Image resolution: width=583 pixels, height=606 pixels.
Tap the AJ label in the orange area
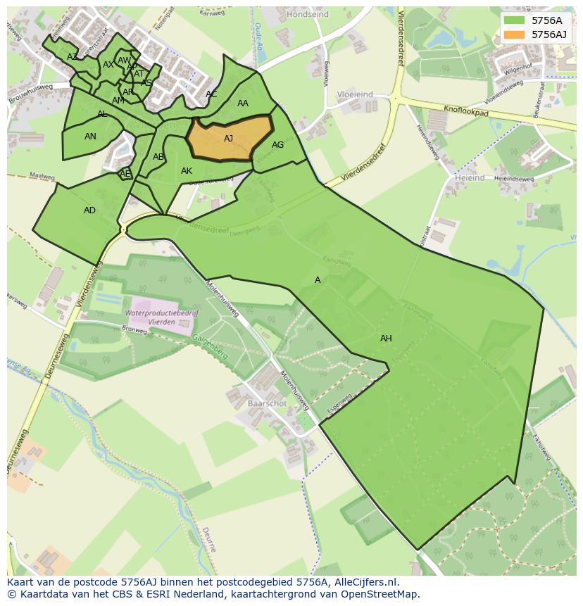click(x=228, y=139)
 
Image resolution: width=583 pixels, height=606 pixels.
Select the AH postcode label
click(x=386, y=339)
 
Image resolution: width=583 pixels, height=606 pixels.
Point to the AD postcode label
click(x=89, y=210)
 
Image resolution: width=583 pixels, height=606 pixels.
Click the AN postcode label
click(x=90, y=137)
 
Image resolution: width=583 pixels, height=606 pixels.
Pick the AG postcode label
click(x=277, y=145)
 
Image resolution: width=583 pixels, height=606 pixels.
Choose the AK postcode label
click(x=187, y=171)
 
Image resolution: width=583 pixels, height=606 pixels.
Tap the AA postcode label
click(x=243, y=103)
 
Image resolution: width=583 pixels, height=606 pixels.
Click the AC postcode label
click(x=211, y=94)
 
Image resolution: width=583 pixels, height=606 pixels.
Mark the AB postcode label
click(x=158, y=157)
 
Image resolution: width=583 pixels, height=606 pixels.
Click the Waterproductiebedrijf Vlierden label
click(x=162, y=317)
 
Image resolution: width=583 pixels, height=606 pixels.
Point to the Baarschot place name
click(x=267, y=404)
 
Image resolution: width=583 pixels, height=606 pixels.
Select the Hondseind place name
click(x=308, y=13)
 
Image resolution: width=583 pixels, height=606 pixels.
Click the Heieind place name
click(x=470, y=179)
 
